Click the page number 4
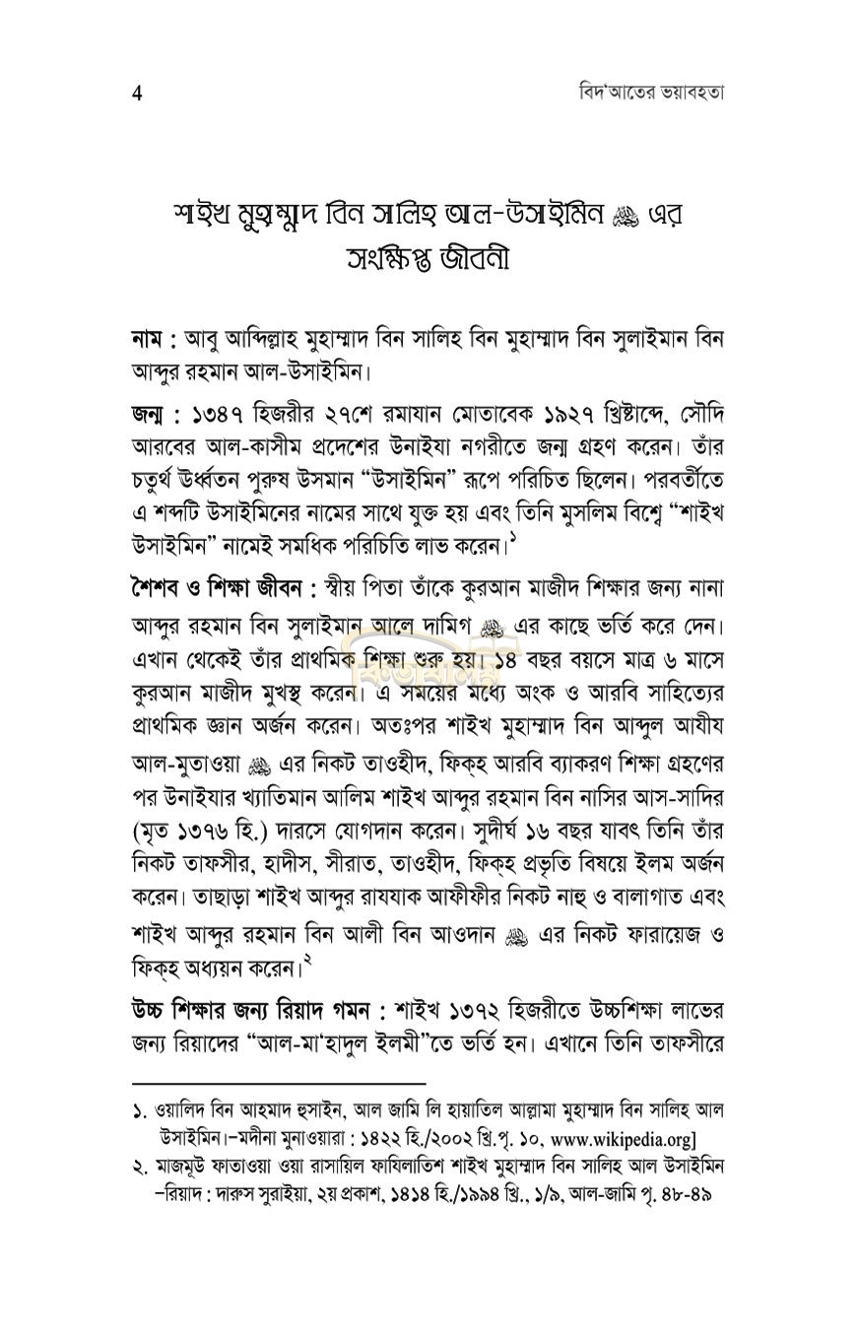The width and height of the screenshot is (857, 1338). coord(137,94)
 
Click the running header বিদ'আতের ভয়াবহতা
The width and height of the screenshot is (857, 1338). coord(651,93)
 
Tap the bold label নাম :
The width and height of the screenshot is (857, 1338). coord(154,339)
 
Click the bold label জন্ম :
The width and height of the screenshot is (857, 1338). coord(155,413)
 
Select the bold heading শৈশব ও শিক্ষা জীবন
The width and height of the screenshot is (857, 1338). coord(222,588)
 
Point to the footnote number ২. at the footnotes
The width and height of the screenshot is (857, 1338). coord(140,1167)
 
